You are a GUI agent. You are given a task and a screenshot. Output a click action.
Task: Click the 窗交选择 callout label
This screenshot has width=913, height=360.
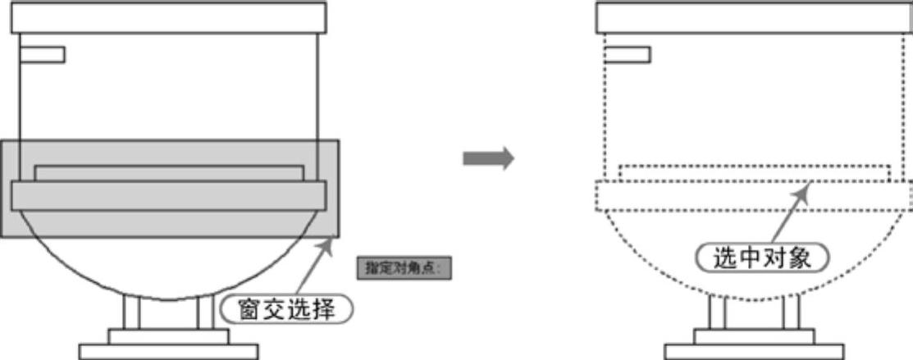pos(288,309)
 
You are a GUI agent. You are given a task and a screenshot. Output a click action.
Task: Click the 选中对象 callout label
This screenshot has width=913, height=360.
pos(763,258)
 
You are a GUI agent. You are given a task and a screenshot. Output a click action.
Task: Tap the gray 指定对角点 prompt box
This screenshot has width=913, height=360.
pos(405,267)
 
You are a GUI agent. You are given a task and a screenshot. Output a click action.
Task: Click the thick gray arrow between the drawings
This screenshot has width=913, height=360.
pos(488,158)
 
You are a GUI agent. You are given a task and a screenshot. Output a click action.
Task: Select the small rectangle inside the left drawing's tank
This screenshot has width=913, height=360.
pos(42,55)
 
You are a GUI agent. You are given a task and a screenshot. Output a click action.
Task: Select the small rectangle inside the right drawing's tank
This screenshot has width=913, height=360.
pos(628,55)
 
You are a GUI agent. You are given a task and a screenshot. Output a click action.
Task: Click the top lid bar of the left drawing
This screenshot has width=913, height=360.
pos(169,18)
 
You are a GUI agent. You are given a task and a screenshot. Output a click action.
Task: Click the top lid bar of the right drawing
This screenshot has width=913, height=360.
pos(755,18)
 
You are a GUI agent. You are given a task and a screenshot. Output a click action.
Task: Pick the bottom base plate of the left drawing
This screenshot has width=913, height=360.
pos(169,352)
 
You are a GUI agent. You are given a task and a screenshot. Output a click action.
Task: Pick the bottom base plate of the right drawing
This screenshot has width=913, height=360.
pos(755,352)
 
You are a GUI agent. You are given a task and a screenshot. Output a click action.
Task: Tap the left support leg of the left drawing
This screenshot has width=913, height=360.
pos(131,312)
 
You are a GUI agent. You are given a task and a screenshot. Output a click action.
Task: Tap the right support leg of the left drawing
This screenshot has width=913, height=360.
pos(205,312)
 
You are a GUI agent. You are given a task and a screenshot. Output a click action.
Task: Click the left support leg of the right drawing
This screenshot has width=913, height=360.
pos(717,312)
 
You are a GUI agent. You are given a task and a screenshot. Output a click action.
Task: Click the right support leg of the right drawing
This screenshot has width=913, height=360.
pos(791,312)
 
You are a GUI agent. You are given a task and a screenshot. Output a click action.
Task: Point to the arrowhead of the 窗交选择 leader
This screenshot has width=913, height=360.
pos(331,239)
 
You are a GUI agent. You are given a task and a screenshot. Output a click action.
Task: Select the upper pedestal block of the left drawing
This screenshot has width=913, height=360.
pos(169,336)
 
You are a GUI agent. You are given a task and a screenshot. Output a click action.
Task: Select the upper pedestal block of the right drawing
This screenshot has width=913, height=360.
pos(755,336)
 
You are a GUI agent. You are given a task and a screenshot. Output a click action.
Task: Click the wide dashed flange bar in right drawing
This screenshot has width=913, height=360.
pos(755,197)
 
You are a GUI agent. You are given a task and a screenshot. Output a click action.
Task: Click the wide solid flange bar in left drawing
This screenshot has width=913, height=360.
pos(169,195)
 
